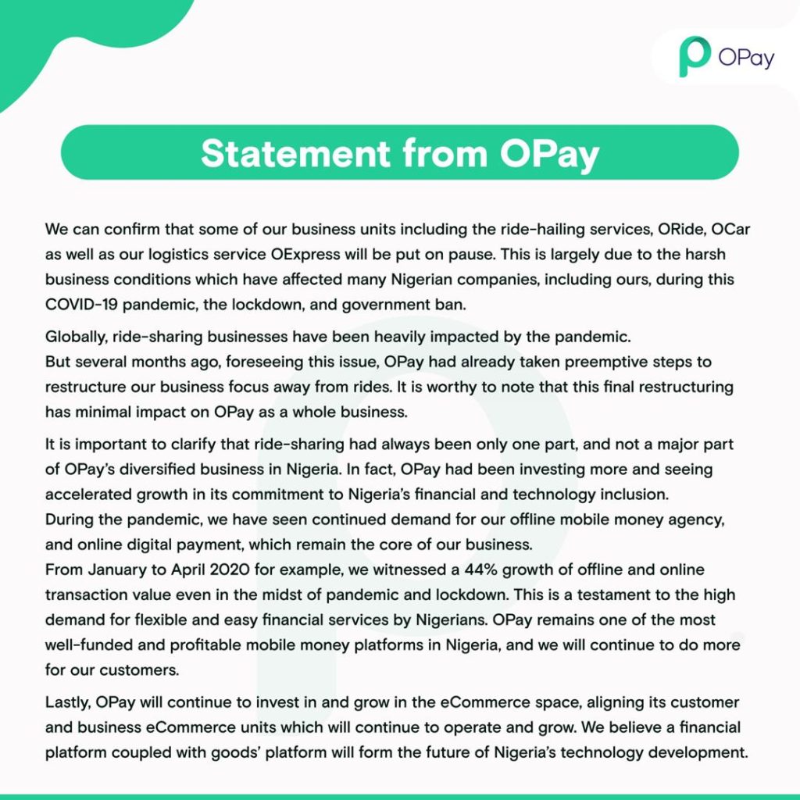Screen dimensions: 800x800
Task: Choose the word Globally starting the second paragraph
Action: [x=75, y=337]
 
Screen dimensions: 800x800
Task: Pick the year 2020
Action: [x=230, y=570]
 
